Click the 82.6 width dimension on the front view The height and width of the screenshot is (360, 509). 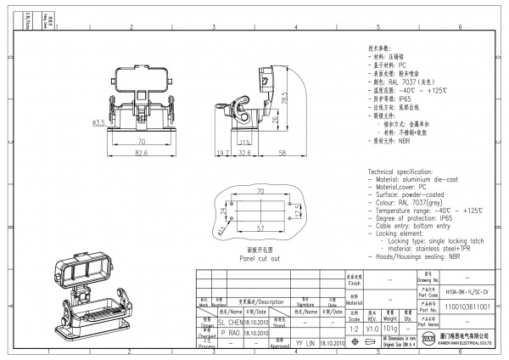coord(141,153)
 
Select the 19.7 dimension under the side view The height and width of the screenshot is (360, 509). coord(223,153)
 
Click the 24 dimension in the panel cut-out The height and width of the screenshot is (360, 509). coord(224,211)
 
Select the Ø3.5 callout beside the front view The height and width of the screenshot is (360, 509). coord(98,123)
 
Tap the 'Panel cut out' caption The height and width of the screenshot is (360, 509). coord(259,257)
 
